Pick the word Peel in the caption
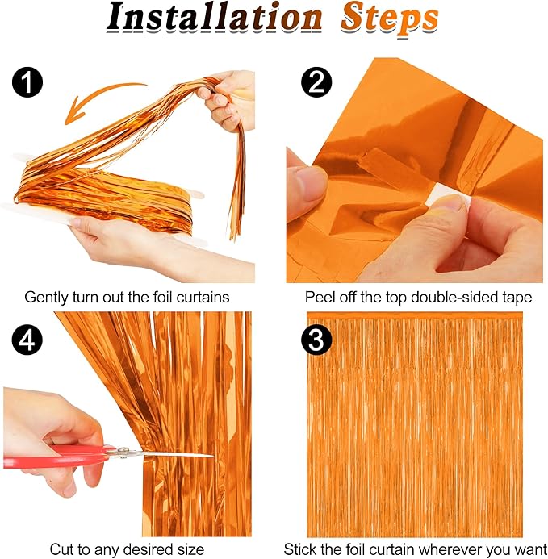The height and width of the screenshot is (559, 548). (320, 298)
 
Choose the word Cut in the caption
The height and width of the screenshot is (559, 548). (61, 549)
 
